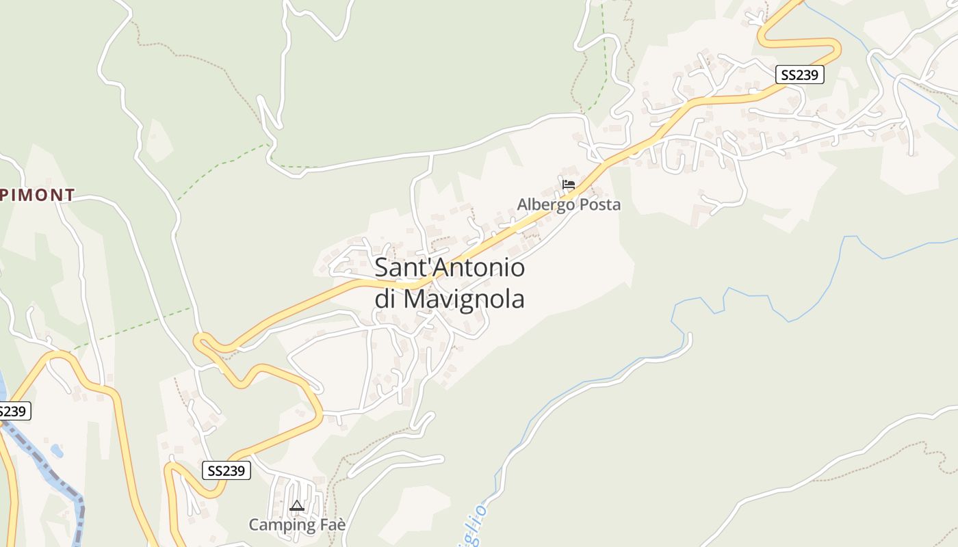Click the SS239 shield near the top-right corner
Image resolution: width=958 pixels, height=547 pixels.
coord(799,75)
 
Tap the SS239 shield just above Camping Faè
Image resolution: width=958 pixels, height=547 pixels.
coord(226,470)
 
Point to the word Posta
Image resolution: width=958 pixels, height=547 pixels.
coord(599,204)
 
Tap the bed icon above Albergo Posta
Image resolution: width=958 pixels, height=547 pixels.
coord(568,184)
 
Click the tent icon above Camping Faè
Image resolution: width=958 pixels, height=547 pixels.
coord(296,506)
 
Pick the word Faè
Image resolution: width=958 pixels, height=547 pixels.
coord(331,524)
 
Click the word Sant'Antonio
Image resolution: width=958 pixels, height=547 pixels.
coord(450,267)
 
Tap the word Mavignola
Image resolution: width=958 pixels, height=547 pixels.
coord(463,299)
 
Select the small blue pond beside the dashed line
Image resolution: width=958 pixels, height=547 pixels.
coord(56,451)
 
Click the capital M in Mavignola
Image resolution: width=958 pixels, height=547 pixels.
coord(413,299)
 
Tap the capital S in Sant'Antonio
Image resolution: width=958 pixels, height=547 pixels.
coord(382,267)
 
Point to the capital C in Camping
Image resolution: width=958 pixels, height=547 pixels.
coord(254,525)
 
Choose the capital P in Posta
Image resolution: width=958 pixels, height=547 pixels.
coord(582,204)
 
